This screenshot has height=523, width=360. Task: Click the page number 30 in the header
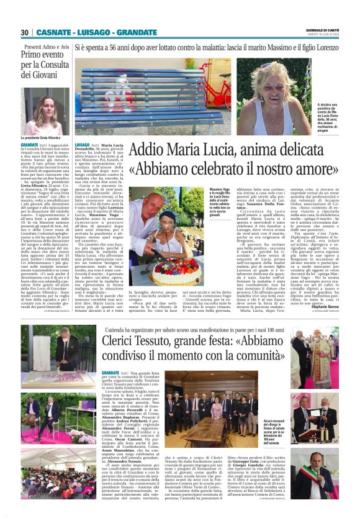(x=24, y=32)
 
